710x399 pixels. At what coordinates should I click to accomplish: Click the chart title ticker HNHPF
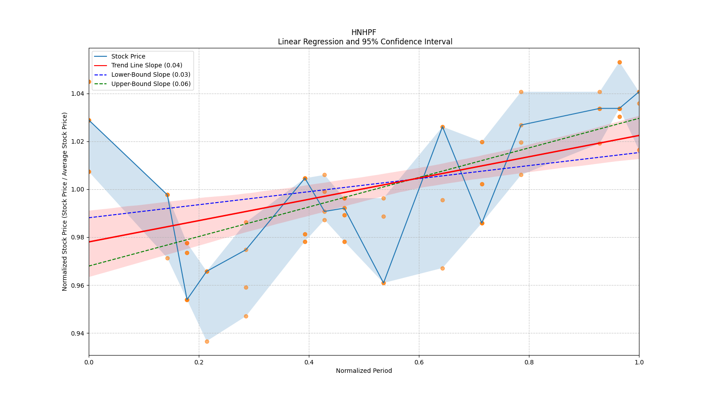[x=363, y=32]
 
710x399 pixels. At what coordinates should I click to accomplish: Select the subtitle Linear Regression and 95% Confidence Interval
[x=365, y=42]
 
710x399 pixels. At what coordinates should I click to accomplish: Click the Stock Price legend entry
[x=128, y=56]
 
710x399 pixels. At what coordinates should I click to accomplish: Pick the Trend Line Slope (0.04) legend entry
[x=146, y=65]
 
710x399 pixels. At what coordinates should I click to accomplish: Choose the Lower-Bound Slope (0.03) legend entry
[x=150, y=74]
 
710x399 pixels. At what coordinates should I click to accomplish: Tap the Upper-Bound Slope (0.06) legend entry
[x=151, y=84]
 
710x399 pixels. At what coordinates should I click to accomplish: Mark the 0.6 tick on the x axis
[x=419, y=362]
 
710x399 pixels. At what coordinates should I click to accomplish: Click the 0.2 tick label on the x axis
[x=199, y=362]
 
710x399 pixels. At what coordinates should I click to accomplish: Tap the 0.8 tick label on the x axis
[x=529, y=362]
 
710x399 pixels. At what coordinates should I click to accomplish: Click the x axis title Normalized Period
[x=364, y=371]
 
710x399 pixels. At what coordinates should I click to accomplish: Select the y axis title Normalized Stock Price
[x=65, y=201]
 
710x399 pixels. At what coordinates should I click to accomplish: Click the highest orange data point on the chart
[x=619, y=62]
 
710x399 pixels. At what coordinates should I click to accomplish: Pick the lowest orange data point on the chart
[x=207, y=341]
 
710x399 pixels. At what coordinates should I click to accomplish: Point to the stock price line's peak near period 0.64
[x=442, y=127]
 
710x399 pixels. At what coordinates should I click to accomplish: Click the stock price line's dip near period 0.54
[x=383, y=283]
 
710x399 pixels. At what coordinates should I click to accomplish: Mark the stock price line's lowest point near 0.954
[x=187, y=300]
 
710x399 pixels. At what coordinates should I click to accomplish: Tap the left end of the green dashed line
[x=89, y=266]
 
